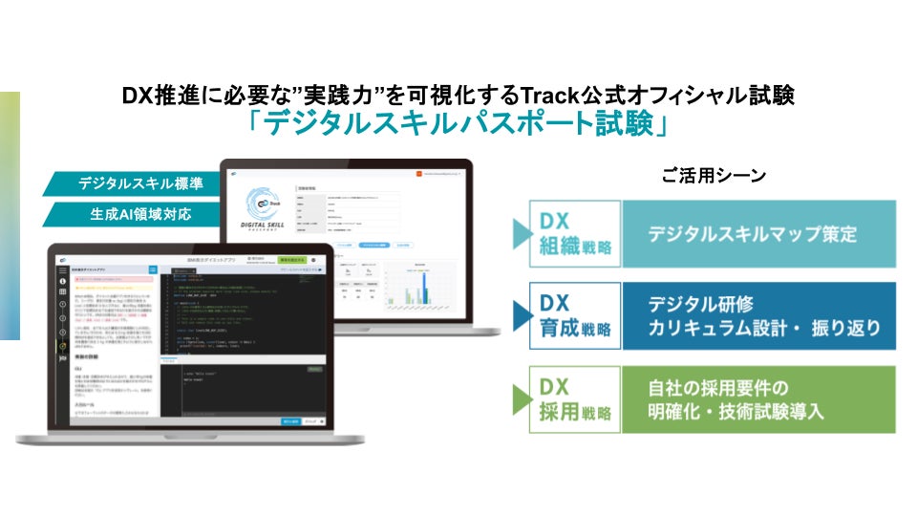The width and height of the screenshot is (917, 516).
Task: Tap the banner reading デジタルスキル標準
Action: (x=135, y=183)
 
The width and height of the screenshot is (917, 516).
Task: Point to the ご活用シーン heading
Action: (x=714, y=176)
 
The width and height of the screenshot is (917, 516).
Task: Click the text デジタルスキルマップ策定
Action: (x=752, y=234)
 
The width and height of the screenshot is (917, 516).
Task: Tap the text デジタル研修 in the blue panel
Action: (x=700, y=305)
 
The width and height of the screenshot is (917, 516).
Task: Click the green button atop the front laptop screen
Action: (x=290, y=260)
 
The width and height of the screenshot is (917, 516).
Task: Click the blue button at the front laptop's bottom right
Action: (x=290, y=420)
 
